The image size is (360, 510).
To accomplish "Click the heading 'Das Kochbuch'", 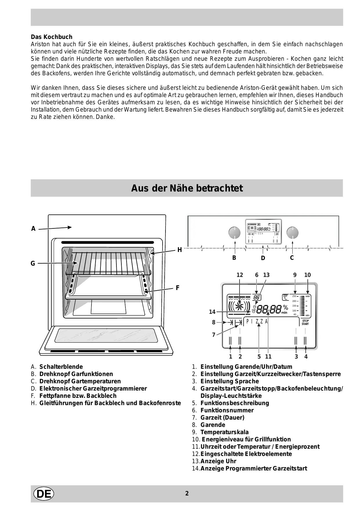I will pos(51,37).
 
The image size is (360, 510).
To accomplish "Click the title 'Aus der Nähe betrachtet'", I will pos(187,188).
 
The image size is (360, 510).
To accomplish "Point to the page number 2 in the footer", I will pos(187,493).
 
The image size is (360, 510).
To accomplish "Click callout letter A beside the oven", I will pos(33,229).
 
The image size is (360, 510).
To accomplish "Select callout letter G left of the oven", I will pos(33,264).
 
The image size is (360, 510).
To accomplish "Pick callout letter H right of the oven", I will pos(179,250).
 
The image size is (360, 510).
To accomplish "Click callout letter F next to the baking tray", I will pos(177,288).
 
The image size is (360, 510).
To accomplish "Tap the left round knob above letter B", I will pos(234,232).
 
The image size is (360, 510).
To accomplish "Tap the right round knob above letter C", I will pos(292,232).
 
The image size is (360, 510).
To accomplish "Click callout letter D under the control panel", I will pos(263,258).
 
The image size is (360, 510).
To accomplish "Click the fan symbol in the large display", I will pos(240,306).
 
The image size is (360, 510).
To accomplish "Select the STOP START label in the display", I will pos(305,322).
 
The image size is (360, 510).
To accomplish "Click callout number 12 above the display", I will pos(240,275).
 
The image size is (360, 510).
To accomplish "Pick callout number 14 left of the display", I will pos(212,312).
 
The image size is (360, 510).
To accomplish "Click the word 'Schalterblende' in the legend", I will pos(61,367).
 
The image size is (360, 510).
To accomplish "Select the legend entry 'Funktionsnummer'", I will pos(227,410).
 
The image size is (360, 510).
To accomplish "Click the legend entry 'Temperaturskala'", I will pos(224,432).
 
